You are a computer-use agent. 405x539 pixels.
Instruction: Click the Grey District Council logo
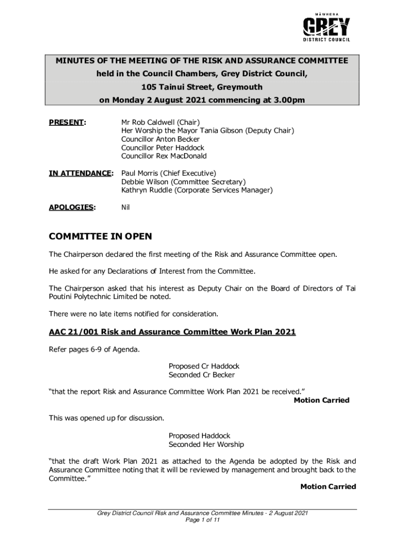pyautogui.click(x=326, y=26)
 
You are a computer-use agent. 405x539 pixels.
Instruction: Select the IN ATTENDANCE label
pyautogui.click(x=80, y=173)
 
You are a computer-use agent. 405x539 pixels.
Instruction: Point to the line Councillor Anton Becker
pyautogui.click(x=160, y=139)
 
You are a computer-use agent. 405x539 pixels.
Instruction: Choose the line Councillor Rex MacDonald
pyautogui.click(x=164, y=156)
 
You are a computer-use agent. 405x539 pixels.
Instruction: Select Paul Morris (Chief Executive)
pyautogui.click(x=168, y=173)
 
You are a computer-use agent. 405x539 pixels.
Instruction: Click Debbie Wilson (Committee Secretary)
pyautogui.click(x=184, y=182)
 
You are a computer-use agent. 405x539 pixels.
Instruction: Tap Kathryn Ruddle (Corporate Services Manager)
pyautogui.click(x=197, y=190)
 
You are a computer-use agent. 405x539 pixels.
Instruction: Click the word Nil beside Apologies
pyautogui.click(x=125, y=207)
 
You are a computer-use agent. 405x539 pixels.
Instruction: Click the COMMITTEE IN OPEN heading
pyautogui.click(x=100, y=237)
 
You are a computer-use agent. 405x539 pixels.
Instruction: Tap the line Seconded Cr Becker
pyautogui.click(x=201, y=375)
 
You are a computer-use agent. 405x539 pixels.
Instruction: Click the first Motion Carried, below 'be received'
pyautogui.click(x=321, y=401)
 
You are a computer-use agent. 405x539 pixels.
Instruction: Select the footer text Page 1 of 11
pyautogui.click(x=202, y=520)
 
